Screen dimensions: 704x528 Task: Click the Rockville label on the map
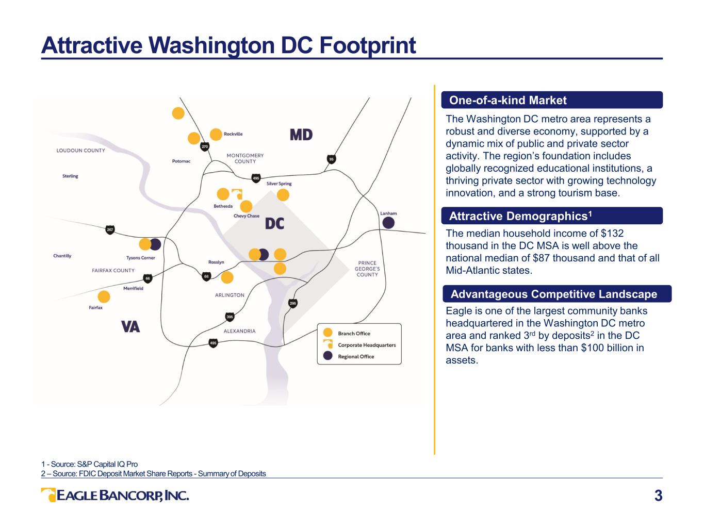pos(233,134)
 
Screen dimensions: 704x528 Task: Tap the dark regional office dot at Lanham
pos(388,223)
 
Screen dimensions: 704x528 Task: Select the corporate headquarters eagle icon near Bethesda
pos(237,194)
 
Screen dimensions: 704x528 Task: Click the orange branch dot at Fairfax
pos(104,297)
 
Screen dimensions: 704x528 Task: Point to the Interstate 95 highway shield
pos(331,159)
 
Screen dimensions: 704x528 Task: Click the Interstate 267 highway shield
pos(110,230)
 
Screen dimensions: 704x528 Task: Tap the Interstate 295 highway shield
pos(293,303)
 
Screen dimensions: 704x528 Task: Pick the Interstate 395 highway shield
pos(230,317)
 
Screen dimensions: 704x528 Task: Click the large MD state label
pos(301,135)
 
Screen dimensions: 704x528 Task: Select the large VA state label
pos(130,327)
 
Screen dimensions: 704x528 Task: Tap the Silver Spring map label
pos(279,184)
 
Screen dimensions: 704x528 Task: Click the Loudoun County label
pos(80,151)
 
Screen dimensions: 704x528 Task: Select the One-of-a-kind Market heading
pos(507,101)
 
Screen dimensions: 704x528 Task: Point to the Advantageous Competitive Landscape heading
pos(553,294)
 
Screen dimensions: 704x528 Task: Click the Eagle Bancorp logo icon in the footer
pos(48,495)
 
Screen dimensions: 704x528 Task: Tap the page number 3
pos(658,496)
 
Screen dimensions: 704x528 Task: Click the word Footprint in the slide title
pos(367,45)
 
